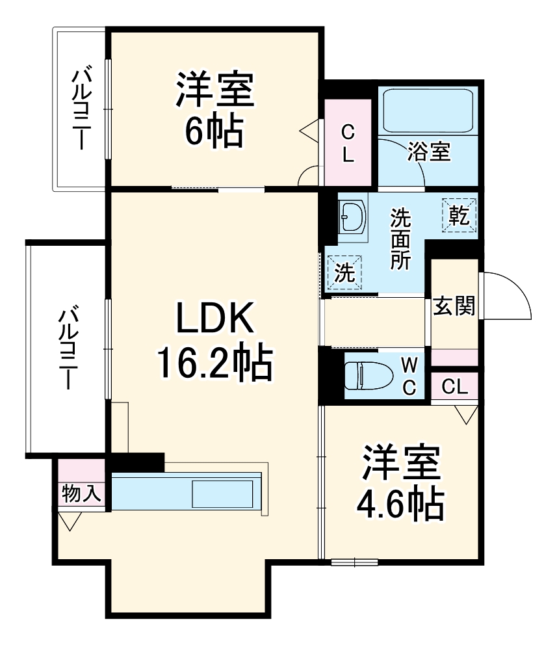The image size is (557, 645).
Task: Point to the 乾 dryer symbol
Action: pyautogui.click(x=460, y=215)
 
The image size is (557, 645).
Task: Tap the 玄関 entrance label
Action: pyautogui.click(x=454, y=306)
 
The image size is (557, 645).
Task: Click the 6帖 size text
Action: pyautogui.click(x=213, y=131)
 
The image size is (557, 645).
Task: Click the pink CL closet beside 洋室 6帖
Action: pyautogui.click(x=348, y=142)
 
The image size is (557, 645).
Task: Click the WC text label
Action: pyautogui.click(x=409, y=375)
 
